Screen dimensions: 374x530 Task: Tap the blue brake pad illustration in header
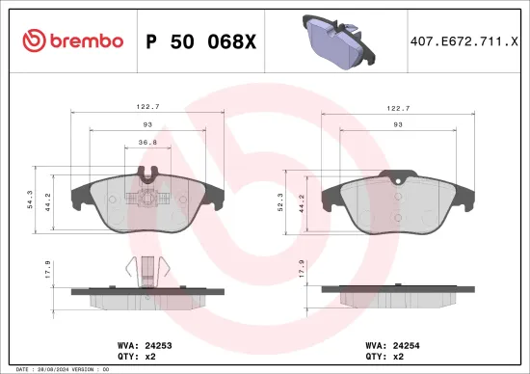pos(333,38)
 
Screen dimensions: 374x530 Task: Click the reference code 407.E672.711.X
pos(464,41)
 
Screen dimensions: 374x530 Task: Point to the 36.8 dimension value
pos(148,142)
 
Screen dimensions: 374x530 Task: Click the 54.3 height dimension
pos(31,200)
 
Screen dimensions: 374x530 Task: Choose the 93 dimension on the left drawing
pos(148,125)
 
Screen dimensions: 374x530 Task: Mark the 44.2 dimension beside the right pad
pos(301,207)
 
